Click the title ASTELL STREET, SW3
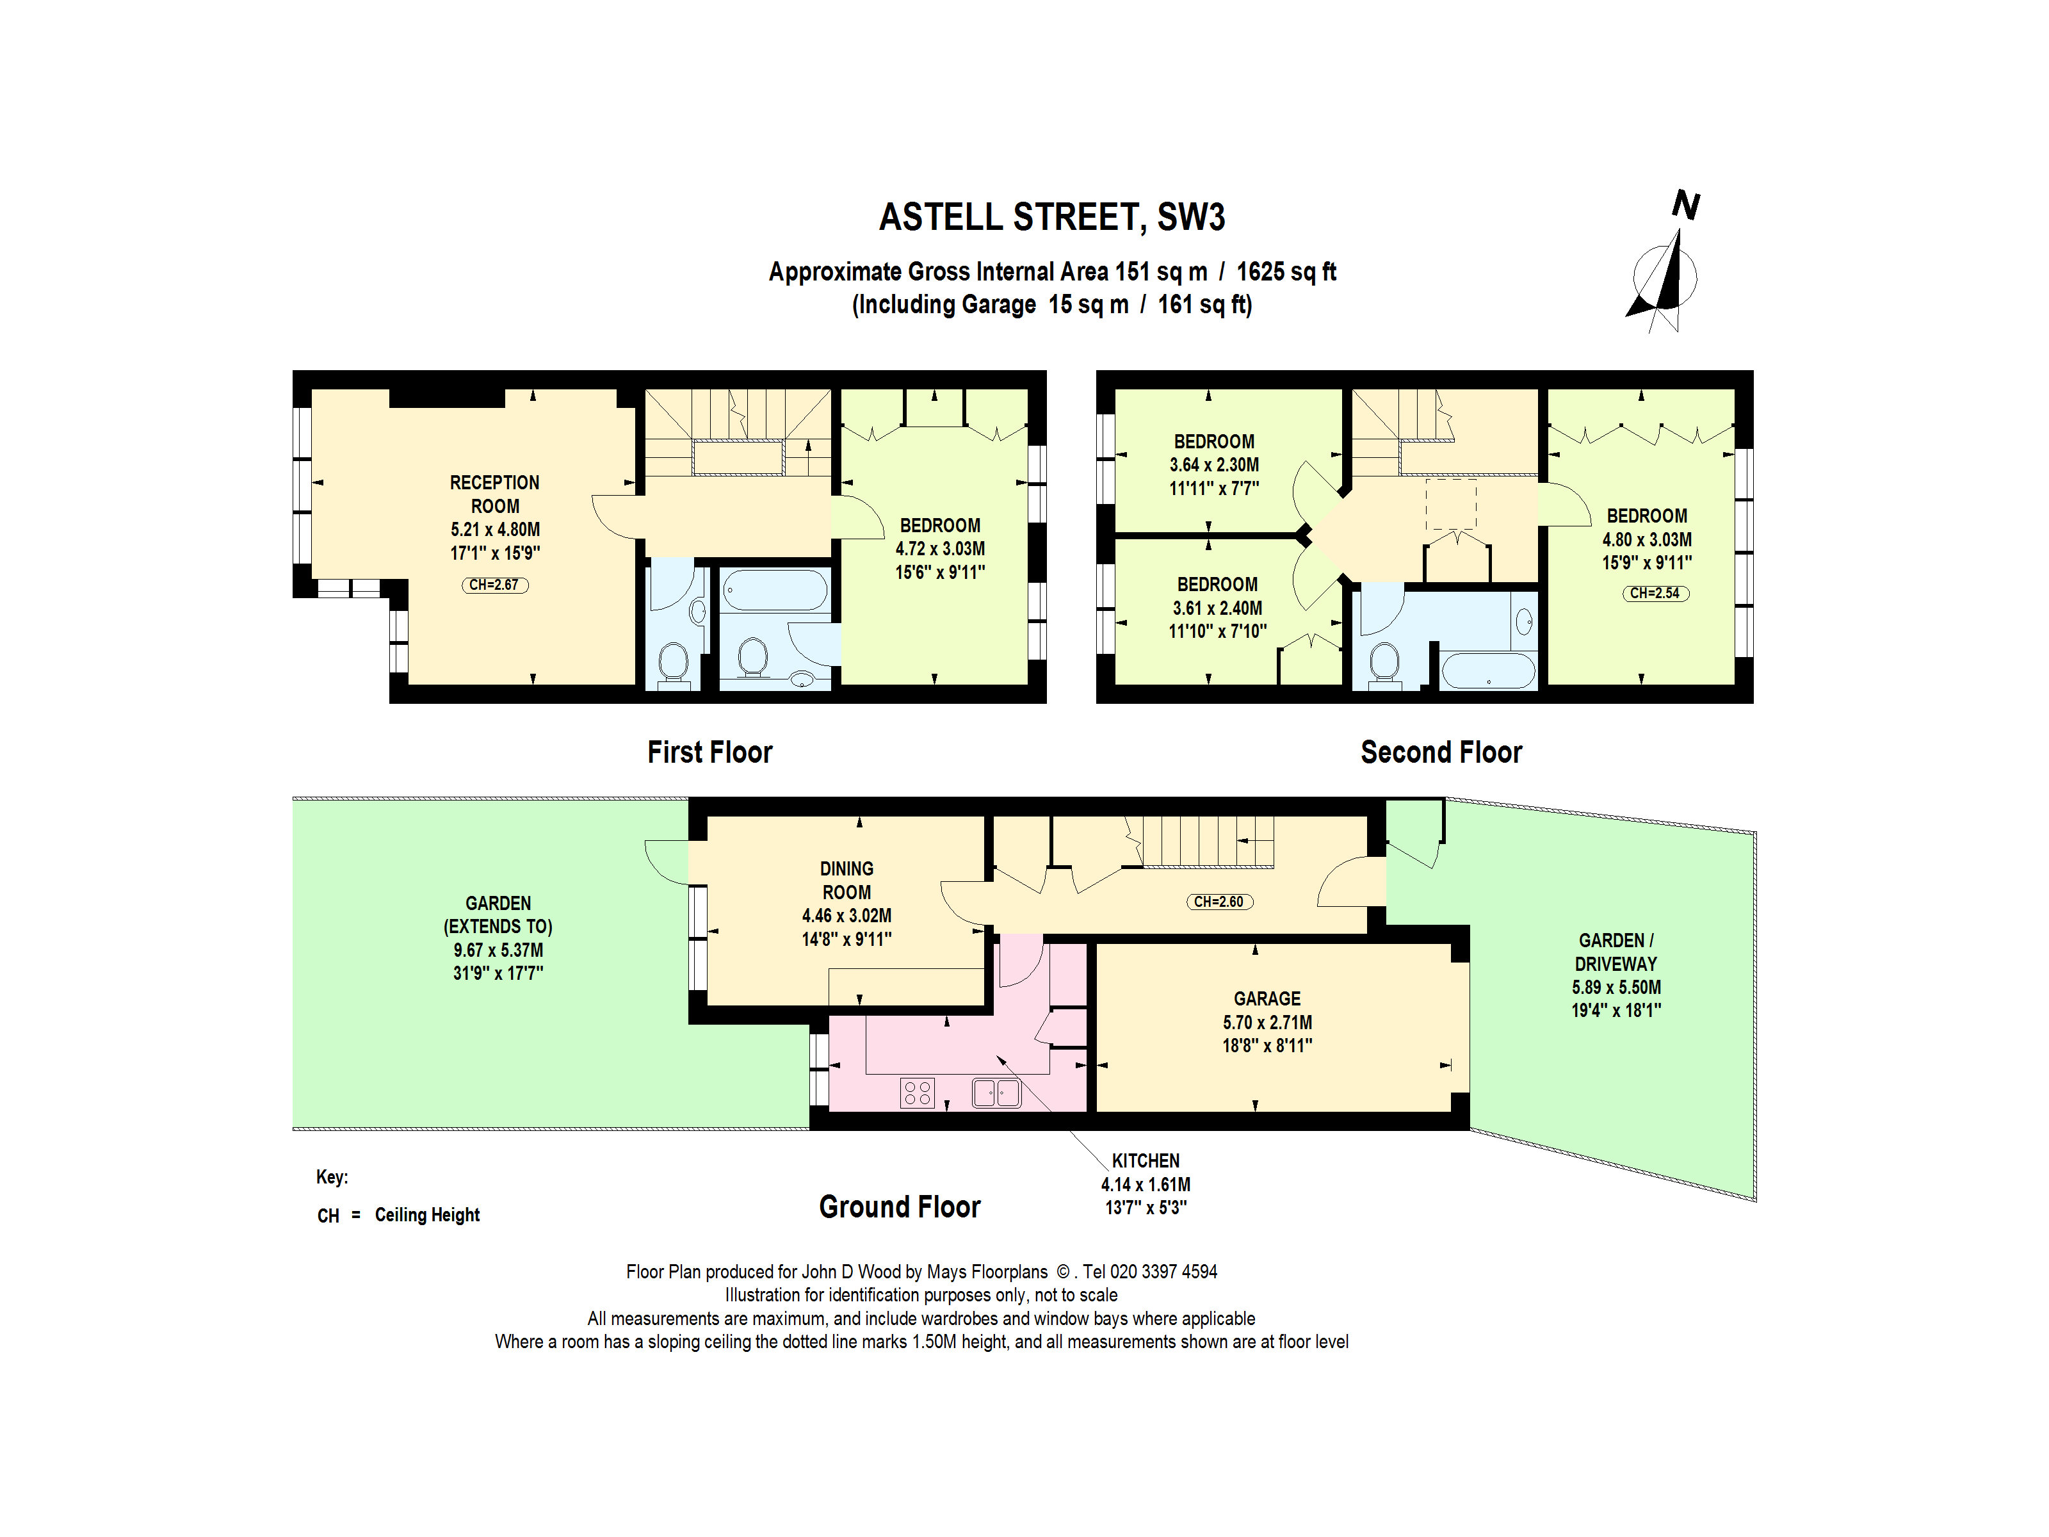[x=1051, y=217]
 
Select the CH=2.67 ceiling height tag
[x=495, y=585]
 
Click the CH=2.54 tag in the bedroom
[x=1655, y=593]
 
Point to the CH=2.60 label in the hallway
[x=1219, y=902]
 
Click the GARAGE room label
[x=1267, y=998]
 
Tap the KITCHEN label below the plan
[x=1146, y=1161]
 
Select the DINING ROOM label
[x=846, y=880]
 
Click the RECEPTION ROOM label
[x=495, y=494]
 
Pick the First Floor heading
[x=709, y=751]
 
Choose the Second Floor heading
[x=1441, y=751]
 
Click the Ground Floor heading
[x=900, y=1207]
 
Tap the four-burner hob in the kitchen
[x=917, y=1093]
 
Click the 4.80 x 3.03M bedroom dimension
[x=1647, y=539]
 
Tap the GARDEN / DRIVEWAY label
[x=1616, y=952]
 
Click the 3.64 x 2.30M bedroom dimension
[x=1215, y=465]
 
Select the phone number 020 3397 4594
[x=1163, y=1272]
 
